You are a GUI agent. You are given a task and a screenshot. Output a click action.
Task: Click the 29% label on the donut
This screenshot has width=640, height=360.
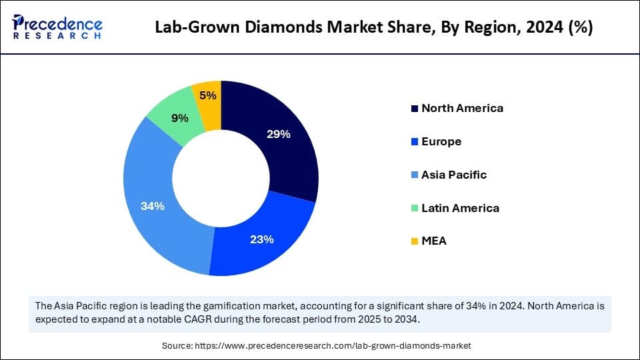click(278, 134)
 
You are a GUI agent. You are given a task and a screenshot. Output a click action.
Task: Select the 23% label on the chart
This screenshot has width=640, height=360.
click(261, 239)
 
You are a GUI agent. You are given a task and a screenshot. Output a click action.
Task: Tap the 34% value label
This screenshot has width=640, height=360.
click(153, 206)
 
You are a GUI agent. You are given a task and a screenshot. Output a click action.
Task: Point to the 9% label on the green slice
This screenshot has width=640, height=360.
click(179, 118)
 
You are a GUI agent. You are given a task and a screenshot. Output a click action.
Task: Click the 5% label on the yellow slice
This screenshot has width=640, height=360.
click(208, 95)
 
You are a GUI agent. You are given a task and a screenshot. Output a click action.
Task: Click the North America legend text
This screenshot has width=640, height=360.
click(462, 108)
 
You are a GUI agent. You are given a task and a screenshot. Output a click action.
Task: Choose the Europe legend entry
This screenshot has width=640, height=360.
click(441, 141)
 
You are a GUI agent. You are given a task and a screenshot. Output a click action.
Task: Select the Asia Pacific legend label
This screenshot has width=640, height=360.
click(454, 175)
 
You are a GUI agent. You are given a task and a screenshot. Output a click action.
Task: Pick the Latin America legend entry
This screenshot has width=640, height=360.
click(460, 208)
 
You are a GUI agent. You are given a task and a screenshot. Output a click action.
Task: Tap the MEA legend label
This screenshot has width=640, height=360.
click(434, 241)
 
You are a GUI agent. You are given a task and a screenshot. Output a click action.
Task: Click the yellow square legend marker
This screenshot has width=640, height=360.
click(415, 241)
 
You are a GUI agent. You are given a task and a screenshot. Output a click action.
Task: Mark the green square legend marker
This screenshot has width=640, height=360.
click(415, 208)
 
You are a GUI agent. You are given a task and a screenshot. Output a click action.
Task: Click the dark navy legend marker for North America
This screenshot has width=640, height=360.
click(415, 108)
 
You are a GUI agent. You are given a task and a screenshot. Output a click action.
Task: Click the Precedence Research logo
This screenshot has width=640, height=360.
click(57, 27)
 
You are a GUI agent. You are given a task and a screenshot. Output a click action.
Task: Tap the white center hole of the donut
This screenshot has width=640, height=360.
click(221, 178)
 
